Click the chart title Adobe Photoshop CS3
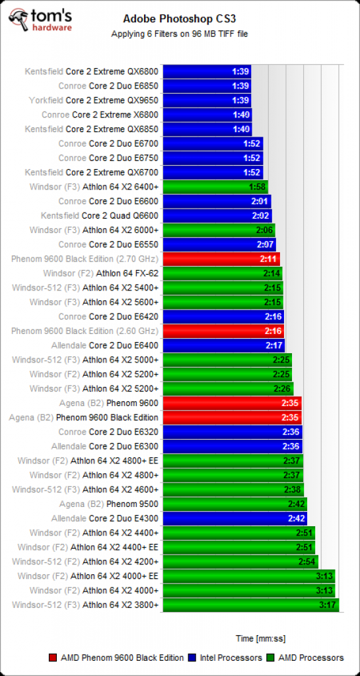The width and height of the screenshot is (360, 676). (x=180, y=19)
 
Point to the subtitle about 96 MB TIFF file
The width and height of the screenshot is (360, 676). (x=180, y=34)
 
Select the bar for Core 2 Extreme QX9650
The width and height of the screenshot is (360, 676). (x=207, y=100)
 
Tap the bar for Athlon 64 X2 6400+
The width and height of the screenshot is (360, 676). (x=215, y=187)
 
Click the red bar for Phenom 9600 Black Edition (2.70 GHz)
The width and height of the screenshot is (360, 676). (x=221, y=259)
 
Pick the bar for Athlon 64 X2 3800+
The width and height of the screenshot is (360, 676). (x=251, y=605)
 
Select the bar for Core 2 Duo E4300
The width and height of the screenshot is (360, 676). (x=235, y=518)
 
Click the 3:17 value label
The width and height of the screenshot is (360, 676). (x=328, y=605)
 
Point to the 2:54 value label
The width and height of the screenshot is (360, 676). (x=306, y=562)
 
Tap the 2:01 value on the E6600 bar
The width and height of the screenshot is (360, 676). (x=260, y=201)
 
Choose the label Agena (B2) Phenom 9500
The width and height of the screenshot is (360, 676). (x=109, y=504)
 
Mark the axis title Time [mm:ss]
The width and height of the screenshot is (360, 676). (x=260, y=638)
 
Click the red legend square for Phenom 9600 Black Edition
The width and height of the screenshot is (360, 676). (x=53, y=658)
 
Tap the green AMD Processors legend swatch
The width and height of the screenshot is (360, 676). (x=271, y=658)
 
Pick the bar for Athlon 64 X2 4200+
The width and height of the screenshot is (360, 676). (x=240, y=562)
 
